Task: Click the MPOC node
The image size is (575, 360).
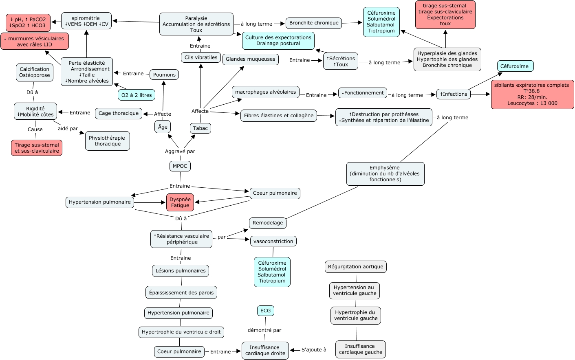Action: click(x=180, y=166)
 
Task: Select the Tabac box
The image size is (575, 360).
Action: click(x=200, y=128)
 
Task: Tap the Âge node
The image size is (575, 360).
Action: click(x=163, y=127)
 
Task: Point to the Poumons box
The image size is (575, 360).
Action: click(x=164, y=75)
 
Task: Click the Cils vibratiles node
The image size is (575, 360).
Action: click(x=201, y=57)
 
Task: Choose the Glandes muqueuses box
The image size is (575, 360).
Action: click(x=251, y=59)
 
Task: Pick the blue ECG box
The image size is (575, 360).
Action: click(x=265, y=311)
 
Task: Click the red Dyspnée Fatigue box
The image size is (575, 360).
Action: click(x=180, y=202)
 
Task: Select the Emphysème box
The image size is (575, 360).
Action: click(x=385, y=174)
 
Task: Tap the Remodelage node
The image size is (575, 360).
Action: click(x=268, y=223)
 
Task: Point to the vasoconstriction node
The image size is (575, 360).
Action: click(x=273, y=241)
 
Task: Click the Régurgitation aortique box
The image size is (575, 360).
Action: click(x=355, y=267)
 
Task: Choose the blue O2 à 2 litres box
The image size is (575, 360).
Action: click(x=137, y=95)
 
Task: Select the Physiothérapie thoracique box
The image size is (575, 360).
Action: click(x=108, y=141)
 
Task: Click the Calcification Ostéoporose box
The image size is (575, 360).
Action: click(x=35, y=72)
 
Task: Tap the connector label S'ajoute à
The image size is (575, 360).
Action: click(x=314, y=349)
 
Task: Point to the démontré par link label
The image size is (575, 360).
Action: click(x=264, y=330)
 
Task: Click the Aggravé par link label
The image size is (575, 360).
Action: click(x=180, y=151)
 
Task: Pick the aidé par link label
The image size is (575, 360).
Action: click(x=68, y=129)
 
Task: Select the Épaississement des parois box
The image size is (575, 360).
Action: click(x=181, y=292)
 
